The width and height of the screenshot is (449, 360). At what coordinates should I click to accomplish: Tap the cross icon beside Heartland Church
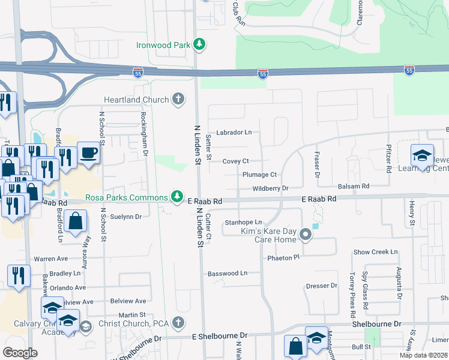178,99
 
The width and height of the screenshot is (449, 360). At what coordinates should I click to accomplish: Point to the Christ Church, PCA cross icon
178,323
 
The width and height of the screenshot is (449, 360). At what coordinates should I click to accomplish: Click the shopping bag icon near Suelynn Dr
76,221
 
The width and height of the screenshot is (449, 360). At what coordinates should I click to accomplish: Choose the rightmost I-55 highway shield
409,70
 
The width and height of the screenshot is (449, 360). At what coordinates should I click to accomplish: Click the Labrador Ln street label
234,132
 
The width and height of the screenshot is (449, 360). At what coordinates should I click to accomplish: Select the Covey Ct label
235,161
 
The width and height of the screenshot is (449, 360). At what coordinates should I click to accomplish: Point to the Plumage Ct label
259,175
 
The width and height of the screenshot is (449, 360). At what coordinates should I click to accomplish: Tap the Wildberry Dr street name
271,188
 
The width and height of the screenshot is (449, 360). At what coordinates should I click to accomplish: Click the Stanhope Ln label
243,222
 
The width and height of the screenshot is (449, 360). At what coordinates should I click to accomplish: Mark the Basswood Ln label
228,273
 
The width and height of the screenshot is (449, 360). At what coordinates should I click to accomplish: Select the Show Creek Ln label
375,252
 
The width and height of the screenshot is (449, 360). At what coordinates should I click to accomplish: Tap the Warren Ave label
50,259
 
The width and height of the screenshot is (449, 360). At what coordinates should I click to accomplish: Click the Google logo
20,352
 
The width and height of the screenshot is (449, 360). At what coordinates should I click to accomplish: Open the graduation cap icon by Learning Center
422,155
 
